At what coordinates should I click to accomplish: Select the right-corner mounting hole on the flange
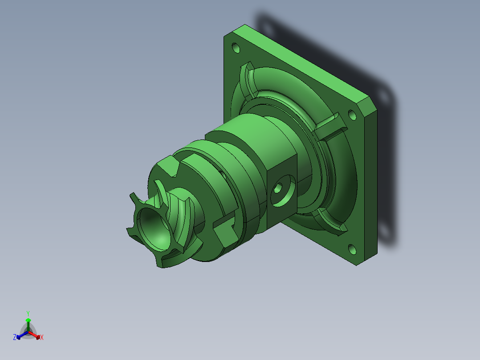click(x=352, y=115)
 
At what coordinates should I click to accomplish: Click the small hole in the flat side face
click(x=278, y=189)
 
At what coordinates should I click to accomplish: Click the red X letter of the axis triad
click(x=42, y=337)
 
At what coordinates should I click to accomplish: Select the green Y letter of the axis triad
click(x=28, y=313)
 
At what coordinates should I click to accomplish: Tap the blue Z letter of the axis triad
click(x=15, y=337)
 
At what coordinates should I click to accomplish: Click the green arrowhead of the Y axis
click(x=28, y=320)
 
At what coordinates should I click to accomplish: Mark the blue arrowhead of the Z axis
click(x=19, y=336)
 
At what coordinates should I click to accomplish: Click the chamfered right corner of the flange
click(x=368, y=107)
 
